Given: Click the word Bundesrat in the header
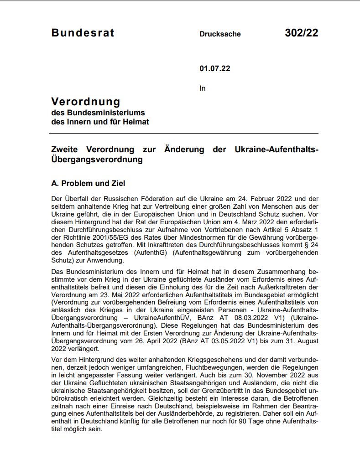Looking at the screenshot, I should [83, 33].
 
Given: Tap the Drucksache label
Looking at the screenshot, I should [220, 34].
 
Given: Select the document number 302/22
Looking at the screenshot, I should [301, 33].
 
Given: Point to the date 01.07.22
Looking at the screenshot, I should [215, 69].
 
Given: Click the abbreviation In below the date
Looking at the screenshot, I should [203, 88].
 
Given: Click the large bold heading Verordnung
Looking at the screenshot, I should [86, 101].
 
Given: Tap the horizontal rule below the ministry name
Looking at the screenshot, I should [184, 134].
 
